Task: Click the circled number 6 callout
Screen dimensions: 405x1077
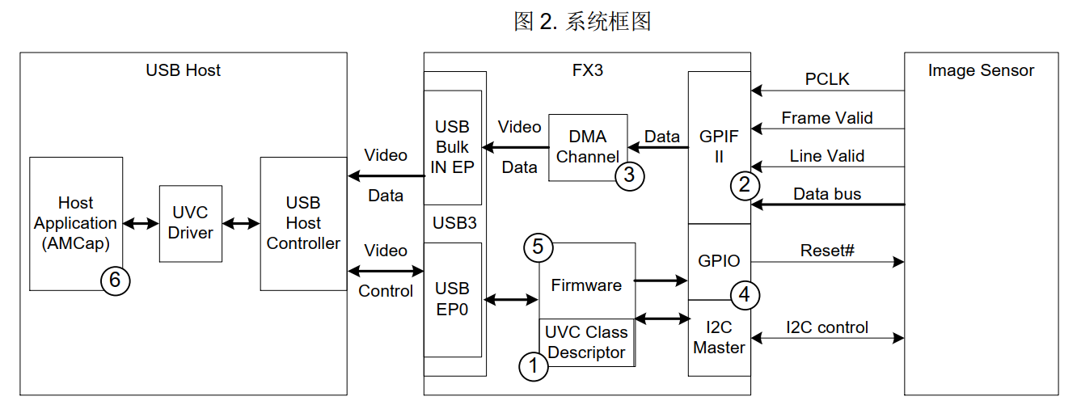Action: [x=115, y=281]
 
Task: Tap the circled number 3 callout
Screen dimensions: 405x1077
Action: [x=630, y=175]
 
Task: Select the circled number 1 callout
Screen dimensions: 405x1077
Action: [x=532, y=366]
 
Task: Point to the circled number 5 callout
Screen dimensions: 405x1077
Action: [x=538, y=248]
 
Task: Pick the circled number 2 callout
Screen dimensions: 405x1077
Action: [x=745, y=185]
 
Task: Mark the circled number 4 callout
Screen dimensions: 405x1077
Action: [x=745, y=296]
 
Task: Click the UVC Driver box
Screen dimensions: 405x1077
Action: [x=191, y=223]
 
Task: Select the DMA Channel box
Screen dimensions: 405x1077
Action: [x=587, y=147]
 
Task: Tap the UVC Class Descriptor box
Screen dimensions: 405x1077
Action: [x=586, y=342]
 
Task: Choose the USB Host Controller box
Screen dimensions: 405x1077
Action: [x=303, y=223]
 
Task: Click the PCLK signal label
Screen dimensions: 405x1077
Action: [x=827, y=79]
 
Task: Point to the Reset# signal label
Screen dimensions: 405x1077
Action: [x=827, y=250]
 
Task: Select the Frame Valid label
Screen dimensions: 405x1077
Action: [x=827, y=118]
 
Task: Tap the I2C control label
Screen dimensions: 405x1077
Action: [x=827, y=327]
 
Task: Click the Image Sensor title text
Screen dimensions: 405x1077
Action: [x=981, y=70]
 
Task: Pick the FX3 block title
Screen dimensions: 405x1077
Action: [x=587, y=70]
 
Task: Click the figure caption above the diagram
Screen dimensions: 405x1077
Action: [x=582, y=22]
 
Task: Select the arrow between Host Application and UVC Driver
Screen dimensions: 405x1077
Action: [x=141, y=224]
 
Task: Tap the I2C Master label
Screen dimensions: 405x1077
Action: [x=719, y=338]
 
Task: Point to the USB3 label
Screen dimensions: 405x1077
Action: [x=455, y=222]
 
